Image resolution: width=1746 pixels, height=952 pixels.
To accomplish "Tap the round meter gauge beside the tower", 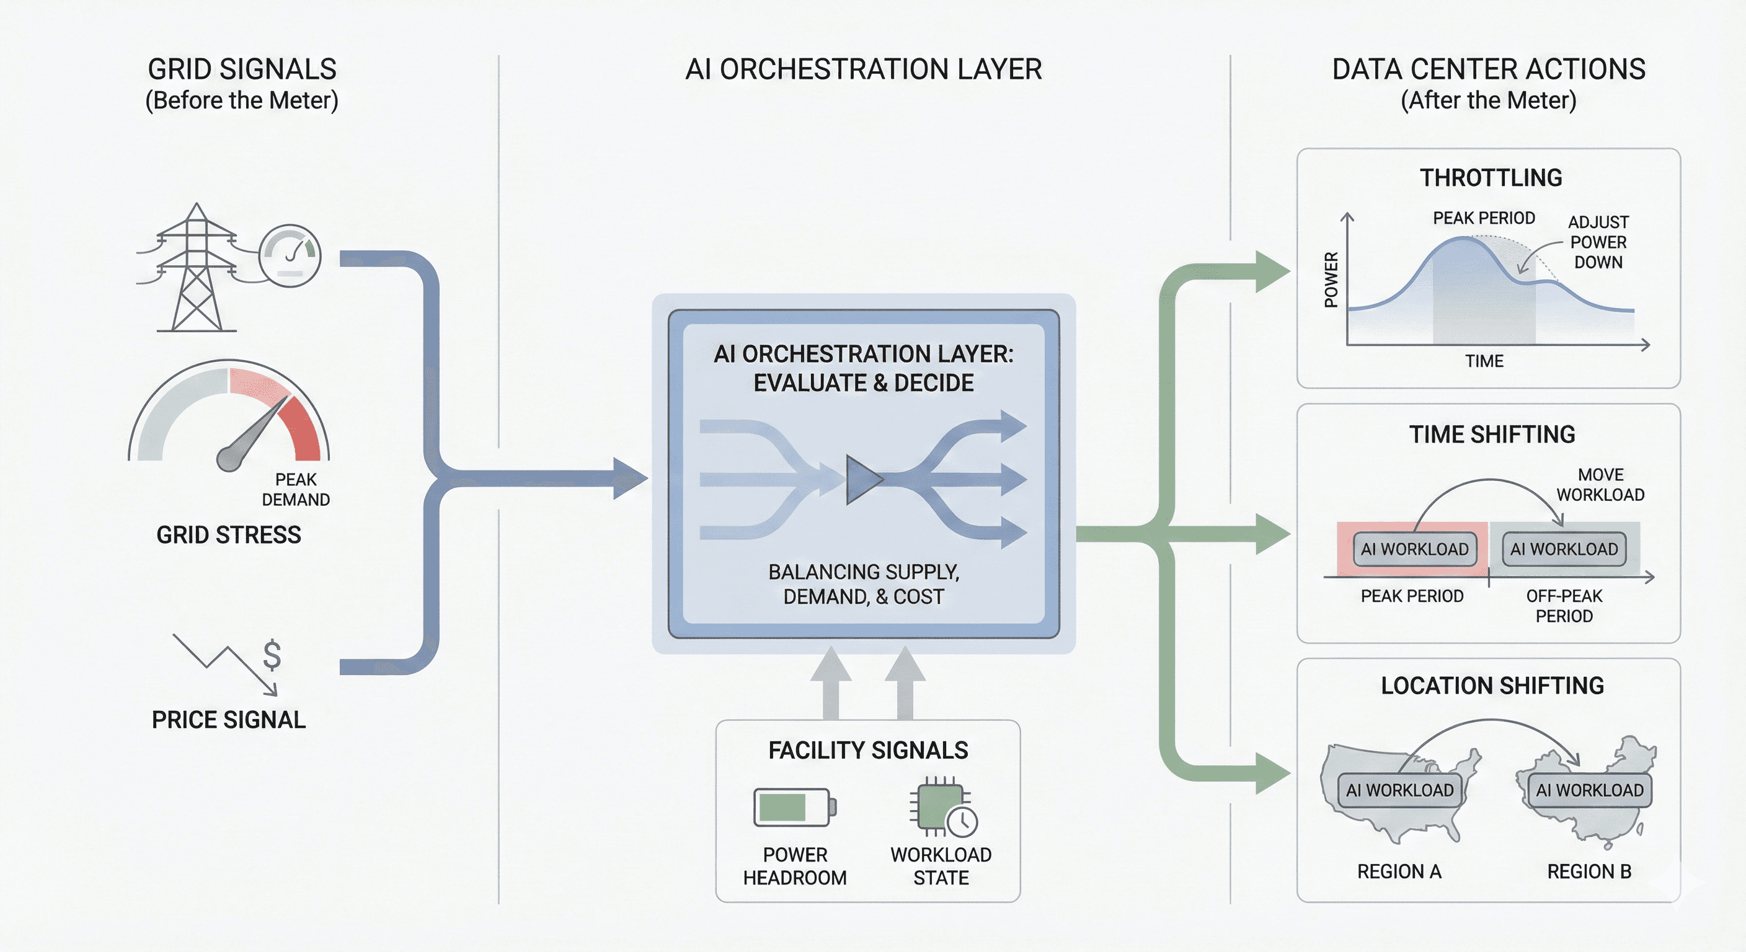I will (x=290, y=256).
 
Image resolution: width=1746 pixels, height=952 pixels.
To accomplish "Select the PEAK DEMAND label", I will (x=296, y=489).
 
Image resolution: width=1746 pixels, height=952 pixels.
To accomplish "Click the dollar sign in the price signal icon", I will (x=272, y=654).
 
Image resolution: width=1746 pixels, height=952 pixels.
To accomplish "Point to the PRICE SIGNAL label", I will (x=228, y=720).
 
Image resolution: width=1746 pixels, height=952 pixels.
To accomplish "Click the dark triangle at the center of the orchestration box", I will (x=862, y=480).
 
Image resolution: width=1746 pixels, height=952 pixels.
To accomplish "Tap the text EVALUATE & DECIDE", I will (x=863, y=383).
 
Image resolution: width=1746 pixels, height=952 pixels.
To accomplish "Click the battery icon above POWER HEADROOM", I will (x=794, y=807).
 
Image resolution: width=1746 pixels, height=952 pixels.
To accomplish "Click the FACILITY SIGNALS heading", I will (x=867, y=750).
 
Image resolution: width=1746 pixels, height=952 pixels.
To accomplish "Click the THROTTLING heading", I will (x=1491, y=177).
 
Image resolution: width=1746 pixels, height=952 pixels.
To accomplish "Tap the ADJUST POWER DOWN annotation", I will (x=1598, y=242).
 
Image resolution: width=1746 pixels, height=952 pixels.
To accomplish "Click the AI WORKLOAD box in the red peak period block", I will (x=1414, y=549).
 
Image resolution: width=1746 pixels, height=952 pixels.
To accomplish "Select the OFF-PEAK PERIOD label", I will (x=1564, y=606).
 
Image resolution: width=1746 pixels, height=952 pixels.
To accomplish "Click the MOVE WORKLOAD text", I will (x=1600, y=485).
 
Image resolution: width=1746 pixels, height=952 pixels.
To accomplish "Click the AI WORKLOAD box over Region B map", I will (x=1589, y=790).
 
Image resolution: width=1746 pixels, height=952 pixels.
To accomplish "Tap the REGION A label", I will (x=1398, y=871).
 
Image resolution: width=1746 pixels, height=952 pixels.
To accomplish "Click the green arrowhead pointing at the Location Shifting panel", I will (x=1272, y=773).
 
